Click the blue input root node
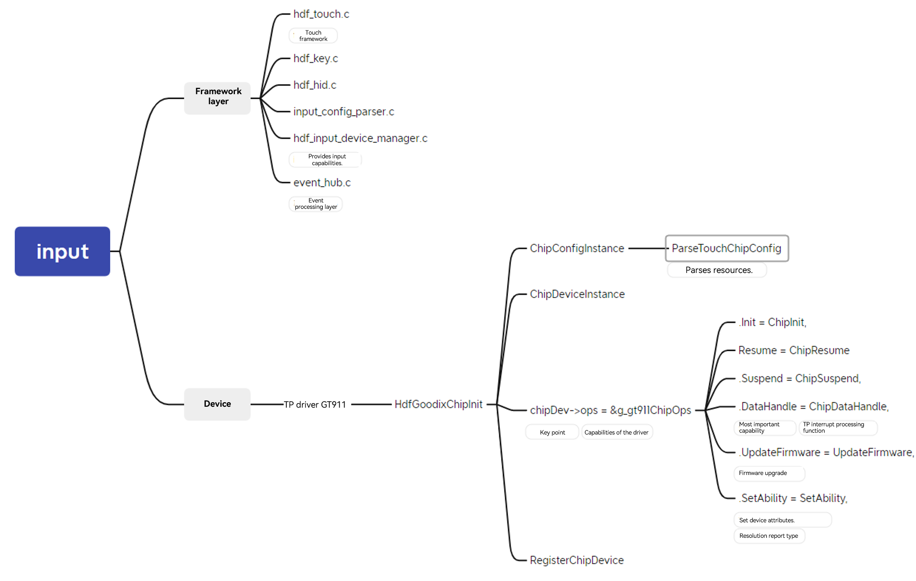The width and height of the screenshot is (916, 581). (62, 251)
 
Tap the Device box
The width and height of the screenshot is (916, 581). (218, 404)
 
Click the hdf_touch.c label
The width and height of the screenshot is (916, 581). (321, 14)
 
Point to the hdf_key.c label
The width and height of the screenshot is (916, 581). (316, 59)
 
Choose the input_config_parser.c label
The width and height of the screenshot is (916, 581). (343, 112)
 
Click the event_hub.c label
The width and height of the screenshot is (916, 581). (322, 183)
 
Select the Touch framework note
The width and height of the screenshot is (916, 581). (313, 35)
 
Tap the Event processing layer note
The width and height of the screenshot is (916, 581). (316, 204)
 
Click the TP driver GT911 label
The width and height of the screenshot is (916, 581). (315, 404)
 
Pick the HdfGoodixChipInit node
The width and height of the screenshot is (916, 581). (438, 404)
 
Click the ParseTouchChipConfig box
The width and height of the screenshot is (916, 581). (727, 248)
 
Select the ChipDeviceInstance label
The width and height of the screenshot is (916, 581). (577, 294)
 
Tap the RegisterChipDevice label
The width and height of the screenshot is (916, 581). (576, 561)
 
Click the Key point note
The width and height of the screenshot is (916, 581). (552, 432)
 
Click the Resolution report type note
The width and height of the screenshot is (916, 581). (769, 536)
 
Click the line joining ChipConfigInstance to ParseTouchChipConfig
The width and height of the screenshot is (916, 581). (646, 248)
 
